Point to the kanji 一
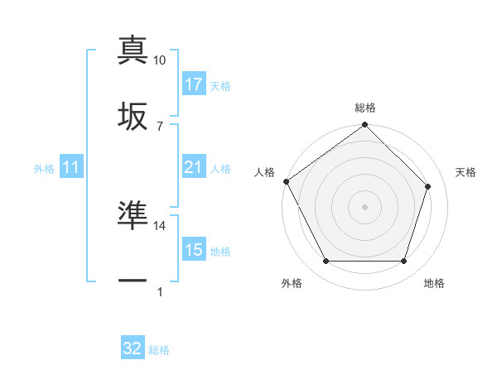pyautogui.click(x=133, y=281)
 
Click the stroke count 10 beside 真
pyautogui.click(x=160, y=60)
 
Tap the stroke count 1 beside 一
pyautogui.click(x=160, y=292)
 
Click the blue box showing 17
pyautogui.click(x=194, y=84)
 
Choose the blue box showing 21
pyautogui.click(x=194, y=167)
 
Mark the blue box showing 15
pyautogui.click(x=194, y=250)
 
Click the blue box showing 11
pyautogui.click(x=71, y=167)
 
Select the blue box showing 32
pyautogui.click(x=133, y=348)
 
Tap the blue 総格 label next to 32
pyautogui.click(x=159, y=350)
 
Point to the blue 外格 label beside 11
pyautogui.click(x=44, y=168)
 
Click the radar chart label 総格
pyautogui.click(x=365, y=108)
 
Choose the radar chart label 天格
pyautogui.click(x=466, y=172)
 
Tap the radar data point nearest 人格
pyautogui.click(x=287, y=181)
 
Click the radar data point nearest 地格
pyautogui.click(x=404, y=262)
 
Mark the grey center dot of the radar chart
pyautogui.click(x=365, y=206)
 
